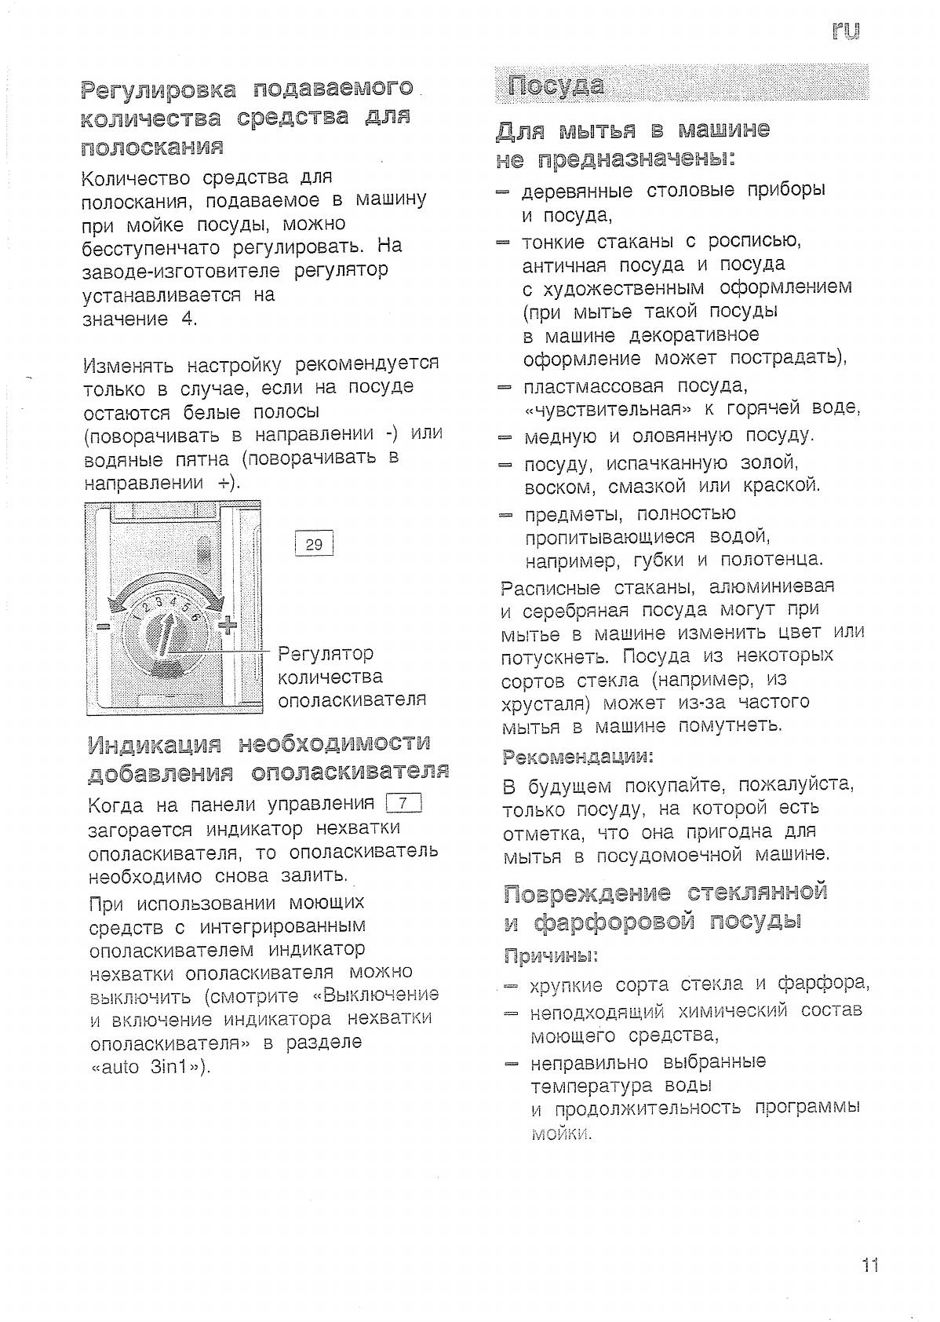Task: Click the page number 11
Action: (x=870, y=1265)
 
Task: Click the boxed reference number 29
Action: (x=313, y=543)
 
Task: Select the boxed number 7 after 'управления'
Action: (x=404, y=803)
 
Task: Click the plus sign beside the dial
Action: (x=227, y=625)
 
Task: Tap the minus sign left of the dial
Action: (x=102, y=627)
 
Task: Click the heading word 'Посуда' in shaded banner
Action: (x=556, y=85)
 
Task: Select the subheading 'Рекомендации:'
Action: (x=577, y=757)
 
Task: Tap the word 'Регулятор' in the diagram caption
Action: (x=326, y=653)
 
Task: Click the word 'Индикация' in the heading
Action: (x=154, y=744)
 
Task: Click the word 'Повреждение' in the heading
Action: (x=588, y=893)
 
